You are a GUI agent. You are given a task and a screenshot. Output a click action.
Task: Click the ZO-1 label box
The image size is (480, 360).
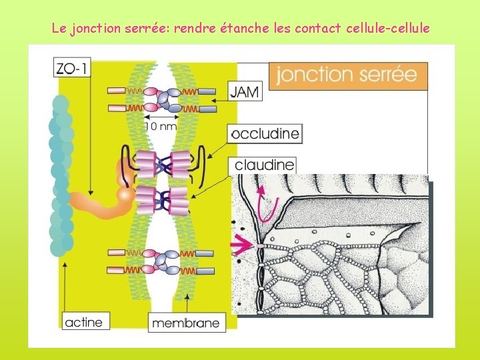[x=71, y=67]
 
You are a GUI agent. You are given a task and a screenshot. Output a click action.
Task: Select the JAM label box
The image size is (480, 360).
[x=245, y=91]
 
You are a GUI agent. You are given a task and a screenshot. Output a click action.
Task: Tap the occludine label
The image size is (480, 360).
[x=265, y=133]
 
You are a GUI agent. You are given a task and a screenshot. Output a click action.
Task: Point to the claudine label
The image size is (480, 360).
[x=264, y=165]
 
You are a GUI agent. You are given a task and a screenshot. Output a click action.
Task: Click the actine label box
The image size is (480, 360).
[x=84, y=322]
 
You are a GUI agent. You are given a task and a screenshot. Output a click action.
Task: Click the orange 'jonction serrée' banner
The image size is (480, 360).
[x=347, y=74]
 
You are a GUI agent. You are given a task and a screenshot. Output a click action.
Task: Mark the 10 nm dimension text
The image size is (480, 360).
[x=161, y=125]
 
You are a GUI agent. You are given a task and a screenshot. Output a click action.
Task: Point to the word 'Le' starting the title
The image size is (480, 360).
[x=58, y=29]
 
